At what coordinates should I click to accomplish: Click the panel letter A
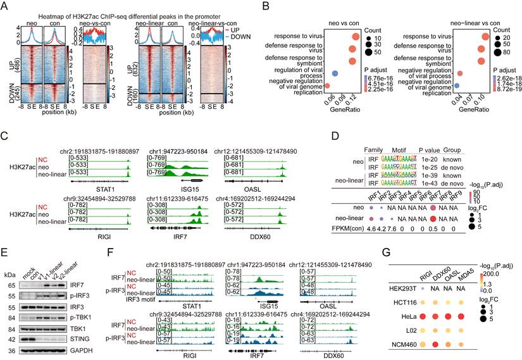(5, 6)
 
